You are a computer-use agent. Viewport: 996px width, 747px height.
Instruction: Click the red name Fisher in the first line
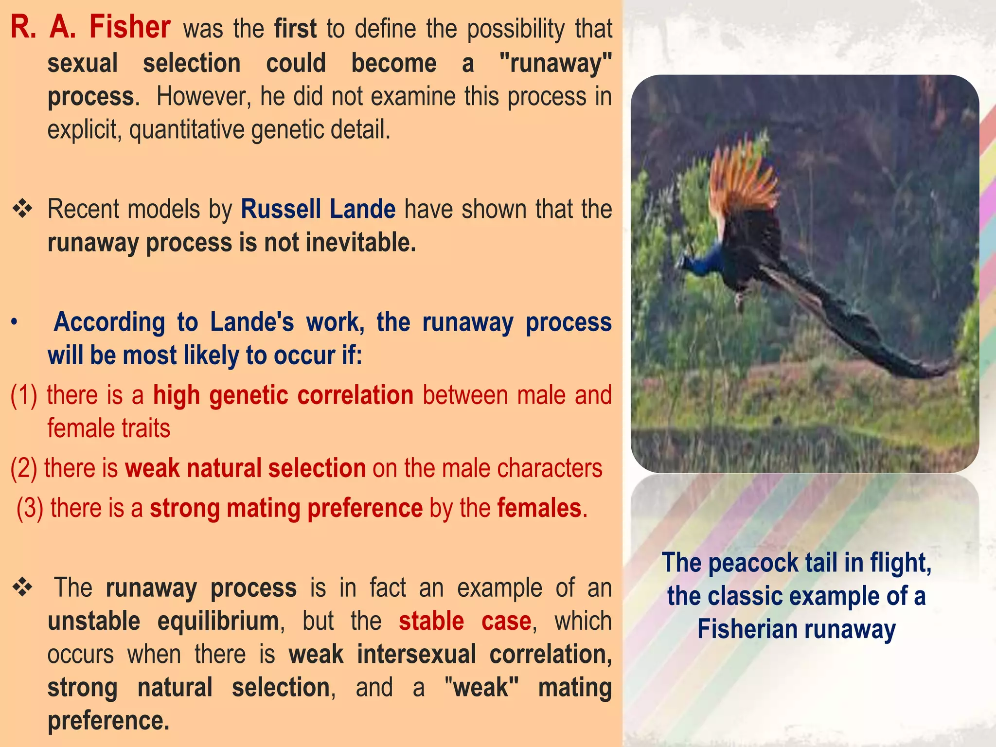point(129,27)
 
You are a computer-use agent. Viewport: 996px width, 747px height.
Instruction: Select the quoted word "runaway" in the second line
point(555,64)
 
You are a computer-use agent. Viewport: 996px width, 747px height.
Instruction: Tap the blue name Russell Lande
point(318,209)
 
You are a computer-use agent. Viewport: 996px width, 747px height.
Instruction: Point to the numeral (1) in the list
point(24,395)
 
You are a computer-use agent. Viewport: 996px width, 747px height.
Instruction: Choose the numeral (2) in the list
point(23,468)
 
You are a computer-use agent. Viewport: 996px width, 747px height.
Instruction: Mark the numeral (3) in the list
point(30,508)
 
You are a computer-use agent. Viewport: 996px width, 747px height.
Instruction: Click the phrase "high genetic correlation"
point(283,395)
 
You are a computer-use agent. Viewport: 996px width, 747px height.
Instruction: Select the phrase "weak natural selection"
point(245,468)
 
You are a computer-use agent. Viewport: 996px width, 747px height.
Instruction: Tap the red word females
point(539,508)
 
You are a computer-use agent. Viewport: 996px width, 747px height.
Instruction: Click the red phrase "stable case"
point(465,621)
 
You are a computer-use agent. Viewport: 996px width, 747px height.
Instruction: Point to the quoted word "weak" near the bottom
point(481,687)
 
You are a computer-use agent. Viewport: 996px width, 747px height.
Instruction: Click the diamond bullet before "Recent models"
point(22,210)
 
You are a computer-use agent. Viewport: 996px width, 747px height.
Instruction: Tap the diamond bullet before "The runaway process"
point(22,587)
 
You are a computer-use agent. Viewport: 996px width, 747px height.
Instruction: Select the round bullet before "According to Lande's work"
point(15,322)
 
